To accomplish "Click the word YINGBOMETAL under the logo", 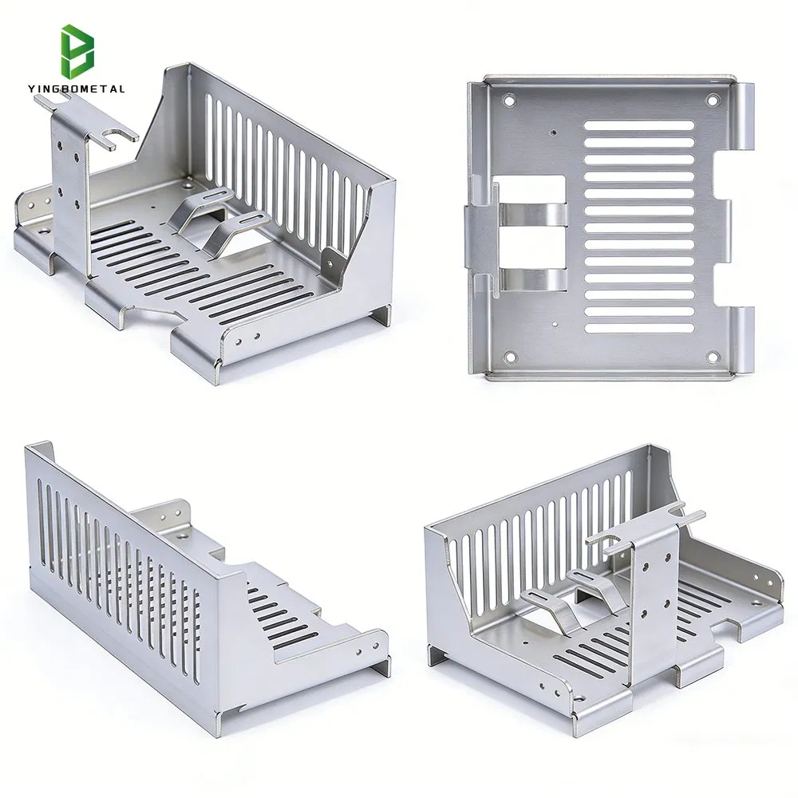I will point(79,89).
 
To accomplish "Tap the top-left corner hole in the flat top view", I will point(508,101).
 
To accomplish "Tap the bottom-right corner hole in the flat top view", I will point(713,354).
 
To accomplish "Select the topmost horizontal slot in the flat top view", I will point(638,125).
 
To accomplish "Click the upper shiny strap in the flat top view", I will point(533,213).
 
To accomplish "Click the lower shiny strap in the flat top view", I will point(533,279).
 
